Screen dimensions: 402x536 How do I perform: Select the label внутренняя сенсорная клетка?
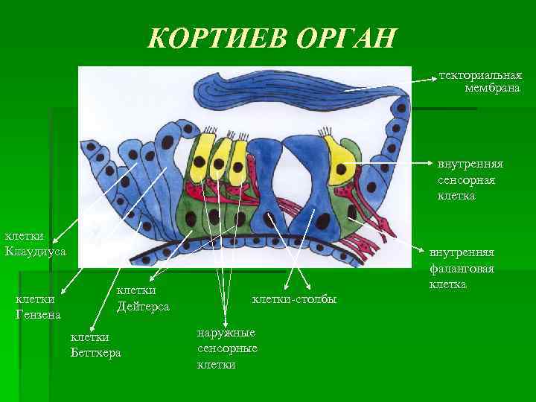click(x=470, y=179)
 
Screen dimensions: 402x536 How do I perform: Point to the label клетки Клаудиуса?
click(x=36, y=243)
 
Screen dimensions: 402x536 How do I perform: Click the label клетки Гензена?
click(x=39, y=307)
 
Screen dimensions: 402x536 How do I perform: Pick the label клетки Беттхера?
click(x=95, y=344)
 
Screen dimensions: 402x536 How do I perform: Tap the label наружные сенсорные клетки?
click(x=227, y=348)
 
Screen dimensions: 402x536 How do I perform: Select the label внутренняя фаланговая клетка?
click(x=462, y=269)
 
